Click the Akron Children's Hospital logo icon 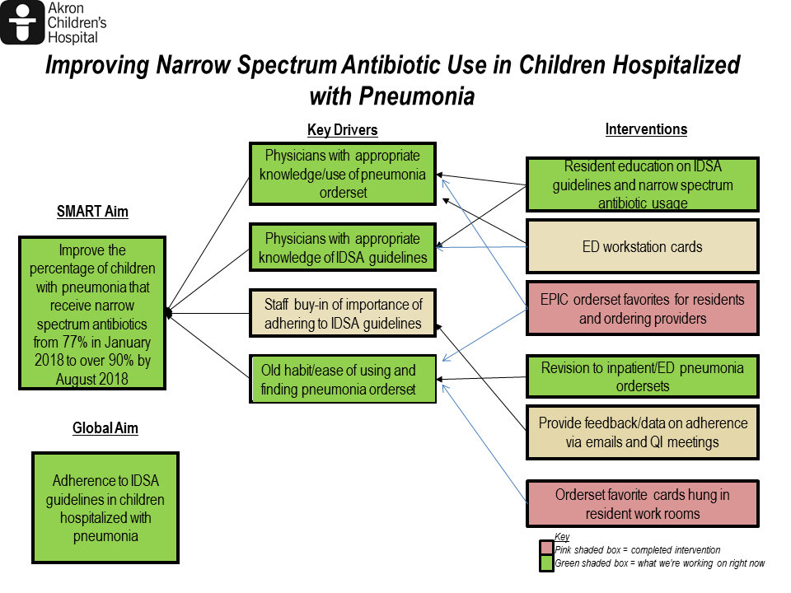22,22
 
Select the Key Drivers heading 343,129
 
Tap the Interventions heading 646,129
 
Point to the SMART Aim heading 92,212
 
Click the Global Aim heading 105,428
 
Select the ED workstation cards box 642,246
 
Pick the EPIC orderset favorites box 642,309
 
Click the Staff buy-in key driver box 343,313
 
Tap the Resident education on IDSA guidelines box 642,184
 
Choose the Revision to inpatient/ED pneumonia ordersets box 642,376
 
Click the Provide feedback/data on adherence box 642,432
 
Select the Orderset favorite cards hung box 642,504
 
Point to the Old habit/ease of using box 343,379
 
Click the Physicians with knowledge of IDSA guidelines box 343,247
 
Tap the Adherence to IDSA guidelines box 105,508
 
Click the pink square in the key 546,549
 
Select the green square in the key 546,563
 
